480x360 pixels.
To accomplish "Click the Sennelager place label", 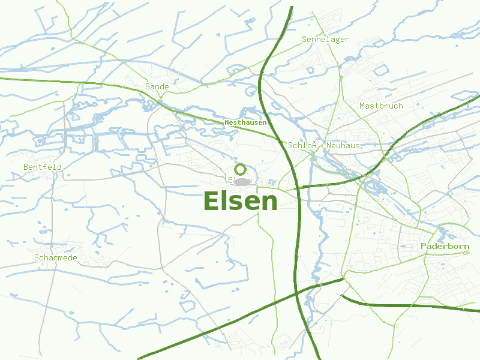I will coord(325,40).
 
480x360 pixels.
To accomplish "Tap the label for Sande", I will coord(157,87).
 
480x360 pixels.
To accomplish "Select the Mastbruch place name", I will coord(381,106).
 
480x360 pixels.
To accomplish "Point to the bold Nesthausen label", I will coord(245,122).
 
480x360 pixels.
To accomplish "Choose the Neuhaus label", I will coord(343,146).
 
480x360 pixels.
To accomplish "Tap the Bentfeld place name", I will coord(43,167).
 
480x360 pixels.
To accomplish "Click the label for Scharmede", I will coord(56,258).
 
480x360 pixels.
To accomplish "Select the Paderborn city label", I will coord(445,247).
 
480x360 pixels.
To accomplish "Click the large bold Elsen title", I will coord(241,201).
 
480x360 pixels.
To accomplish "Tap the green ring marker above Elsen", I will coord(240,169).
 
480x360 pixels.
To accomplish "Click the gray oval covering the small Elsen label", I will coord(242,181).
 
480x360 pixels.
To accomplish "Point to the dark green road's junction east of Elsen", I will coord(298,187).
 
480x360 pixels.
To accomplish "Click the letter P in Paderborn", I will coord(424,247).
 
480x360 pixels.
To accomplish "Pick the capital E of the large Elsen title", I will coord(212,201).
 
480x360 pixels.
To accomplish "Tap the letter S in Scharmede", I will coord(37,258).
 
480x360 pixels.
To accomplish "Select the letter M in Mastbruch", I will coord(362,106).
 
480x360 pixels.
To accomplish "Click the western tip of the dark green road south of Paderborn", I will coord(342,296).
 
